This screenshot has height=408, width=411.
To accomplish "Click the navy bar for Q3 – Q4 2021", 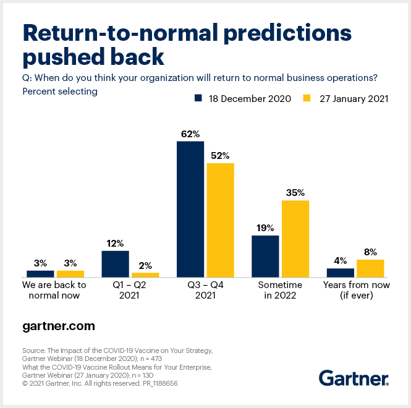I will pyautogui.click(x=190, y=209).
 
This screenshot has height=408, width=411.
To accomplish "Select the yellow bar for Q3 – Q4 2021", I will pyautogui.click(x=221, y=219).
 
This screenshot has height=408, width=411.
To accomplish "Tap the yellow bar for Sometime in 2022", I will pyautogui.click(x=295, y=238).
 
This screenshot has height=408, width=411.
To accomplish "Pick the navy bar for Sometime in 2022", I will pyautogui.click(x=265, y=255).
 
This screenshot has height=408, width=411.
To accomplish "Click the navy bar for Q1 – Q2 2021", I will pyautogui.click(x=115, y=263).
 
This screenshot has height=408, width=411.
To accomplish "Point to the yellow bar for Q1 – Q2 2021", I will pyautogui.click(x=145, y=274).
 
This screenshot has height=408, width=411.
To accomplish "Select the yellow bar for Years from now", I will pyautogui.click(x=370, y=268).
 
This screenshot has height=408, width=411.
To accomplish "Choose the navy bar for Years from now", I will pyautogui.click(x=340, y=272).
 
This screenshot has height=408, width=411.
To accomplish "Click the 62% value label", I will pyautogui.click(x=190, y=133).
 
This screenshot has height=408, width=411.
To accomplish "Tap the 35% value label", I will pyautogui.click(x=295, y=192).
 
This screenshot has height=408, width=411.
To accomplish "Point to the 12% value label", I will pyautogui.click(x=115, y=243).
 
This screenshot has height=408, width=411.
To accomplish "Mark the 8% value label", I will pyautogui.click(x=370, y=252).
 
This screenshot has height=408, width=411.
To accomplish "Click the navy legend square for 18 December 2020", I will pyautogui.click(x=198, y=98).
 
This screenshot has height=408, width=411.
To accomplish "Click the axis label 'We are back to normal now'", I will pyautogui.click(x=54, y=291).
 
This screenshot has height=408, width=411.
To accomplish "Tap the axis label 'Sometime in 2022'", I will pyautogui.click(x=280, y=291).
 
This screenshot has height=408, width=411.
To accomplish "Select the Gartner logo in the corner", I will pyautogui.click(x=354, y=378).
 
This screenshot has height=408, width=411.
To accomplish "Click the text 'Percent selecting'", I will pyautogui.click(x=59, y=91).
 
